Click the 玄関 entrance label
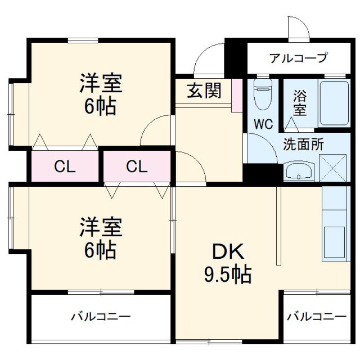[x=204, y=91]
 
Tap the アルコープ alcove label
[x=298, y=58]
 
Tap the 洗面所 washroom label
[x=303, y=143]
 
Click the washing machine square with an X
[x=334, y=166]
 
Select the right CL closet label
[x=136, y=166]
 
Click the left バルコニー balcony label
[x=100, y=317]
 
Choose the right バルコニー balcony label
[x=317, y=317]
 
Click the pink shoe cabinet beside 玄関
[x=236, y=94]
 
